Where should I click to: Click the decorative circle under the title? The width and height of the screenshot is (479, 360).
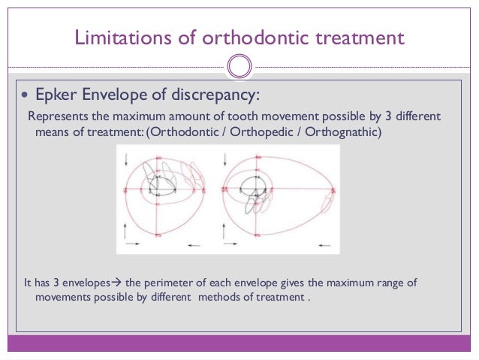coord(239,66)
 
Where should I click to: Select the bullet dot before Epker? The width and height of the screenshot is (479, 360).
coord(26,96)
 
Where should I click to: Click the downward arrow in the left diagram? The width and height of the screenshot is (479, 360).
coord(126,159)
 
